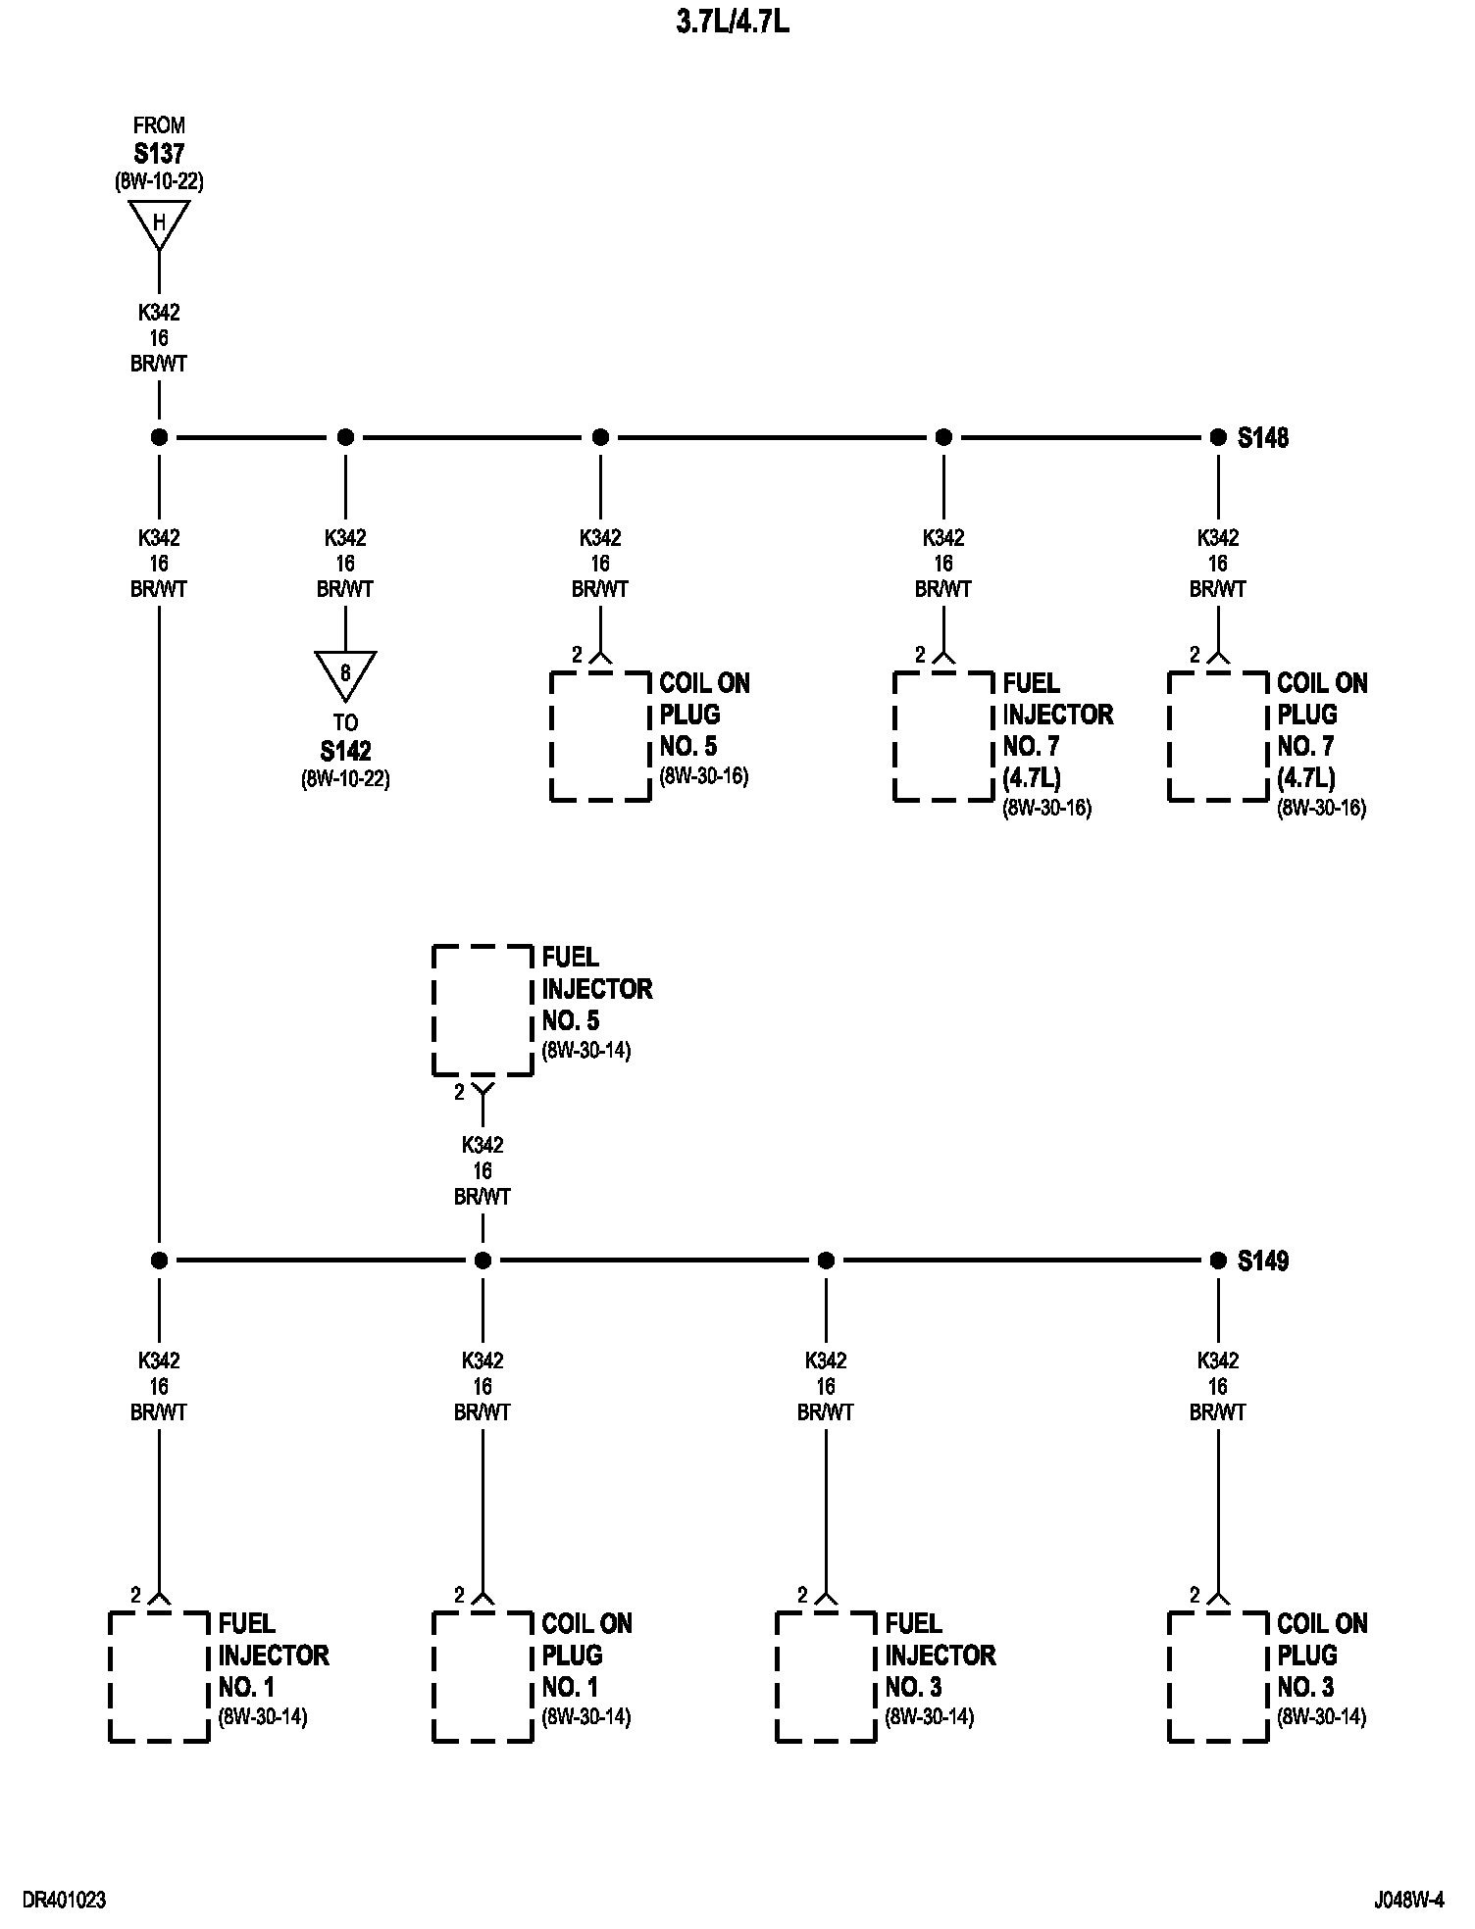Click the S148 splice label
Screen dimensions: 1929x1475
[x=1263, y=438]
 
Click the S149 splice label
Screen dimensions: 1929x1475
[x=1263, y=1261]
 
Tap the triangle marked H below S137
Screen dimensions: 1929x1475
[x=159, y=224]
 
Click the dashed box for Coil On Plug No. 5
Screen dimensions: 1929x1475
[x=600, y=736]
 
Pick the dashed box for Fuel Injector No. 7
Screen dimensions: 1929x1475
[x=943, y=736]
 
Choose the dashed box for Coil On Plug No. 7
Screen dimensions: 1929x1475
[x=1218, y=736]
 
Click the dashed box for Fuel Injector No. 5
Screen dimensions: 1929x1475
[x=483, y=1010]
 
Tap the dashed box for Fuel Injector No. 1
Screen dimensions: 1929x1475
[x=159, y=1676]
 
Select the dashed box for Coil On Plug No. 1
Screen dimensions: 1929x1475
[x=483, y=1676]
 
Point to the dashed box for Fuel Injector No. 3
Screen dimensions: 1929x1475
[x=826, y=1676]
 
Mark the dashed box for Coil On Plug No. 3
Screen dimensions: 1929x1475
[x=1218, y=1676]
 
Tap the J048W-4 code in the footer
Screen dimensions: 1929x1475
[x=1409, y=1901]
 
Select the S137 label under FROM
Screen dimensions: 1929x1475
[x=159, y=154]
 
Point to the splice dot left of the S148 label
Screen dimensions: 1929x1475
[x=1218, y=437]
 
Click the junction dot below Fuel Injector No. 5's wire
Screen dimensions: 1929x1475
[x=483, y=1261]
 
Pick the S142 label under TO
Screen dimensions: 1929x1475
[x=345, y=752]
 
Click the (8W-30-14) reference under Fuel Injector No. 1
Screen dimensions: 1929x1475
[x=263, y=1717]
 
